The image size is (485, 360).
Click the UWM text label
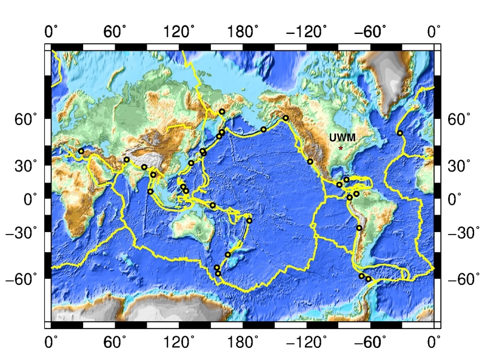342,138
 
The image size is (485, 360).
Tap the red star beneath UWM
341,148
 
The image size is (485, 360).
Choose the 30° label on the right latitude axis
457,165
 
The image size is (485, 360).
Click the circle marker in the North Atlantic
400,133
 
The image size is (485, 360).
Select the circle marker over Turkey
81,151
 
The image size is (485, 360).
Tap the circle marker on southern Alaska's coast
286,118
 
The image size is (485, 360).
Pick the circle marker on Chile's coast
359,228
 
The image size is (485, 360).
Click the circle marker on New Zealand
228,255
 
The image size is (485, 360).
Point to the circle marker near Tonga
249,220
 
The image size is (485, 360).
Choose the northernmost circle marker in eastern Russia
222,112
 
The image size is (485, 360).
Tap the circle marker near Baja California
310,161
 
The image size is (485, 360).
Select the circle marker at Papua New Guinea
213,206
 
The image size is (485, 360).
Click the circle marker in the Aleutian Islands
264,129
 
